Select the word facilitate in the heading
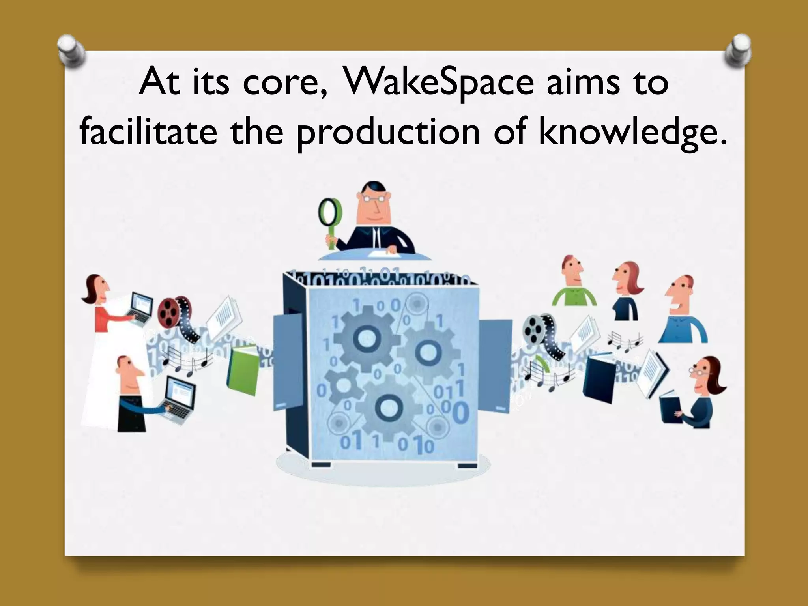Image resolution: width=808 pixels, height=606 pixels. tap(148, 132)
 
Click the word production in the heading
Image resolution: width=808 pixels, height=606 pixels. tap(388, 132)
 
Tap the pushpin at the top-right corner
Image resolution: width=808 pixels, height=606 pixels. tap(738, 51)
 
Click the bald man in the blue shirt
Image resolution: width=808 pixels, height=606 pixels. tap(683, 312)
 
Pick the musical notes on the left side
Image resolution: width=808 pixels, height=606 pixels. tap(185, 361)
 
